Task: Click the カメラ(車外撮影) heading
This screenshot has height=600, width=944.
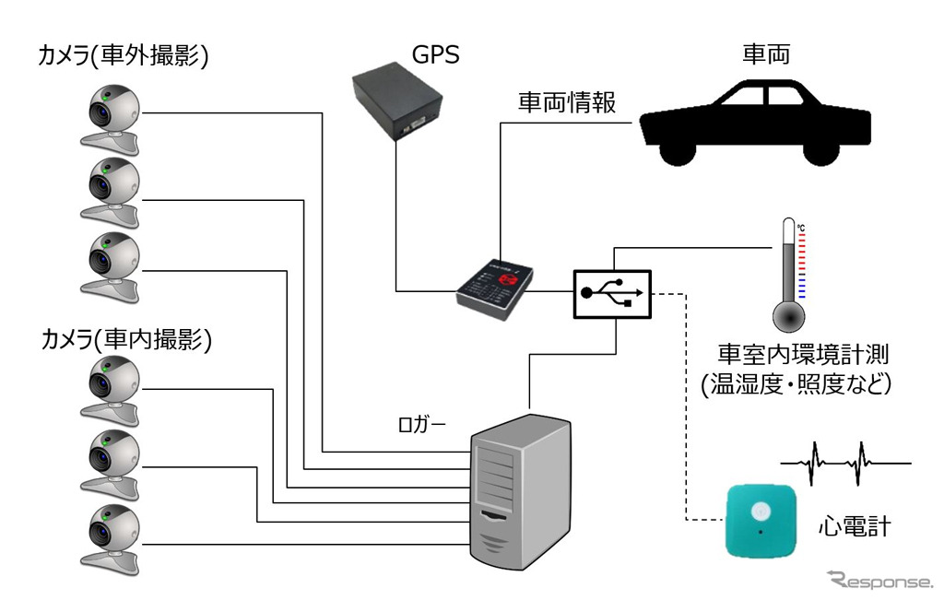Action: tap(123, 57)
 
